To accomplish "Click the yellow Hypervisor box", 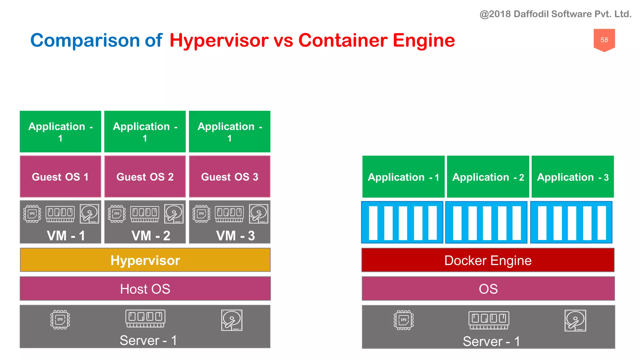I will pyautogui.click(x=145, y=260).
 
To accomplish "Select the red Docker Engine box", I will pyautogui.click(x=487, y=260).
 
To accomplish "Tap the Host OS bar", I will pyautogui.click(x=145, y=288).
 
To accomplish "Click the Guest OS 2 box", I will pyautogui.click(x=145, y=177).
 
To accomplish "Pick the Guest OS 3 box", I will pyautogui.click(x=229, y=177).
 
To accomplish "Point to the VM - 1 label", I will pyautogui.click(x=66, y=236).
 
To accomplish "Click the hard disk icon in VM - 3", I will pyautogui.click(x=258, y=214).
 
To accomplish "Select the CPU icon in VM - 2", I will pyautogui.click(x=117, y=214).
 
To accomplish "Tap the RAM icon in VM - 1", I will pyautogui.click(x=60, y=214).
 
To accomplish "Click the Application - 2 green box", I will pyautogui.click(x=487, y=177).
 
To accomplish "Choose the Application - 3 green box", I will pyautogui.click(x=572, y=177).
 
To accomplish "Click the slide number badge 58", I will pyautogui.click(x=604, y=40).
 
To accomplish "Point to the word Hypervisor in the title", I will pyautogui.click(x=219, y=41).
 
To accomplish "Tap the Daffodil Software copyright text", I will pyautogui.click(x=555, y=14).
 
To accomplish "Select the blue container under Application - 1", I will pyautogui.click(x=402, y=222).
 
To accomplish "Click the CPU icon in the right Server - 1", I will pyautogui.click(x=403, y=320).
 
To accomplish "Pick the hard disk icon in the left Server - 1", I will pyautogui.click(x=232, y=320).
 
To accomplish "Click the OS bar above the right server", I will pyautogui.click(x=488, y=288).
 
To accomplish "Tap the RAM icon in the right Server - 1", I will pyautogui.click(x=489, y=320).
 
